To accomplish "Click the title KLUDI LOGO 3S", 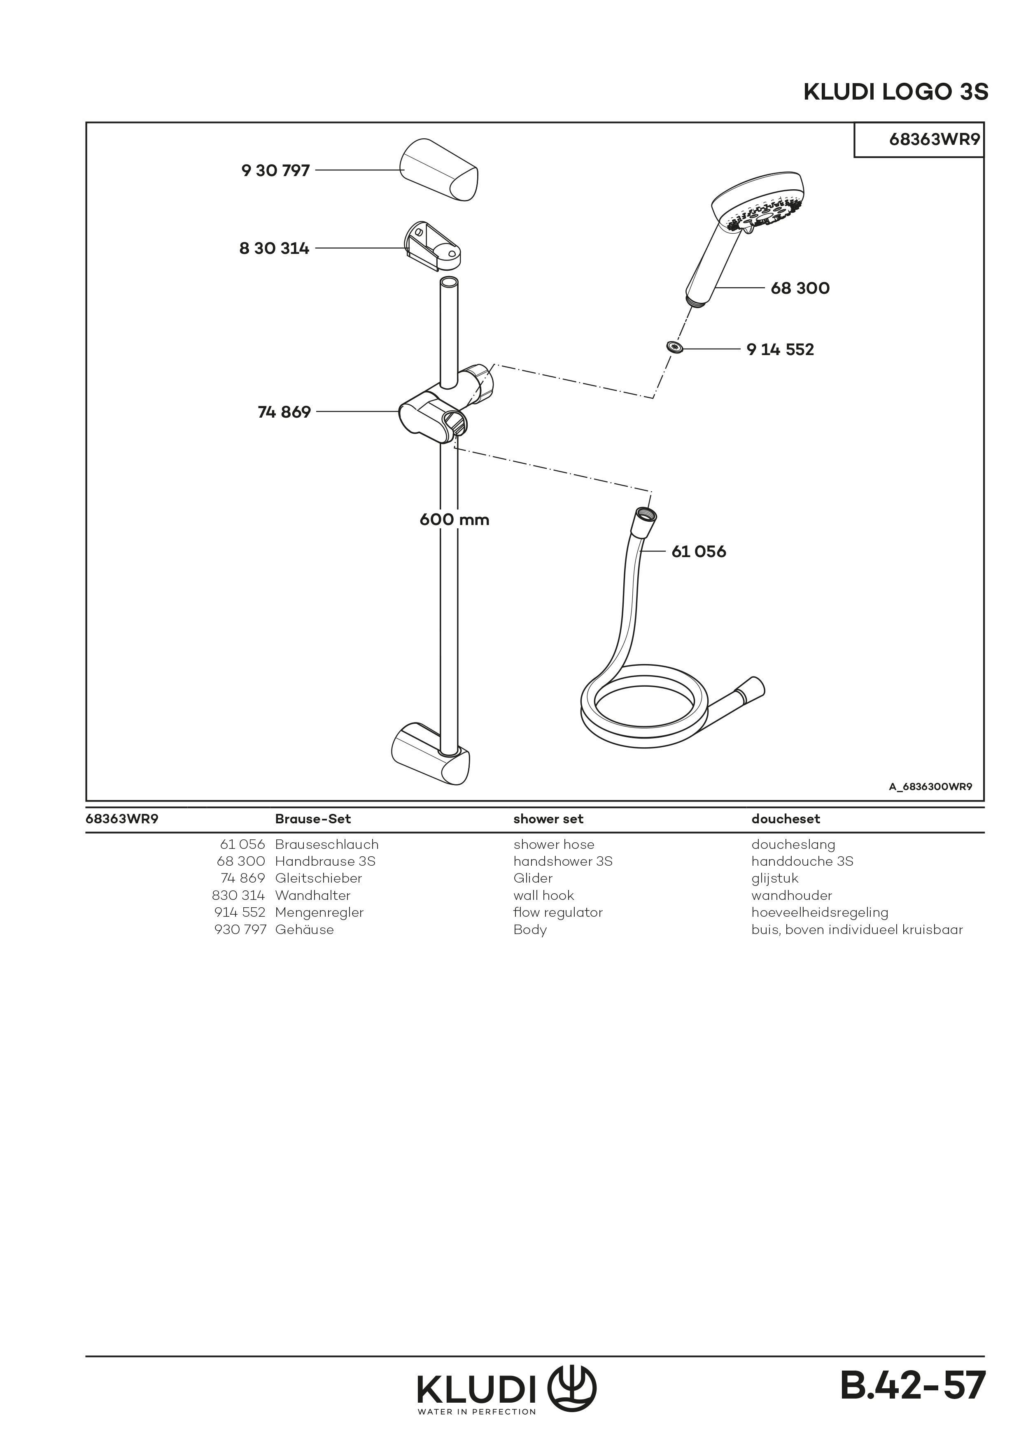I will (x=895, y=93).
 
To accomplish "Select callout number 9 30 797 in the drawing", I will (x=275, y=170).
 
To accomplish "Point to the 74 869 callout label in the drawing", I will (x=284, y=412).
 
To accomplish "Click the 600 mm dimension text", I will (x=454, y=520).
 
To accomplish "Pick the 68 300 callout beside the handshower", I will (x=800, y=288).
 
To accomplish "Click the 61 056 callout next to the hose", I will (x=699, y=552).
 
